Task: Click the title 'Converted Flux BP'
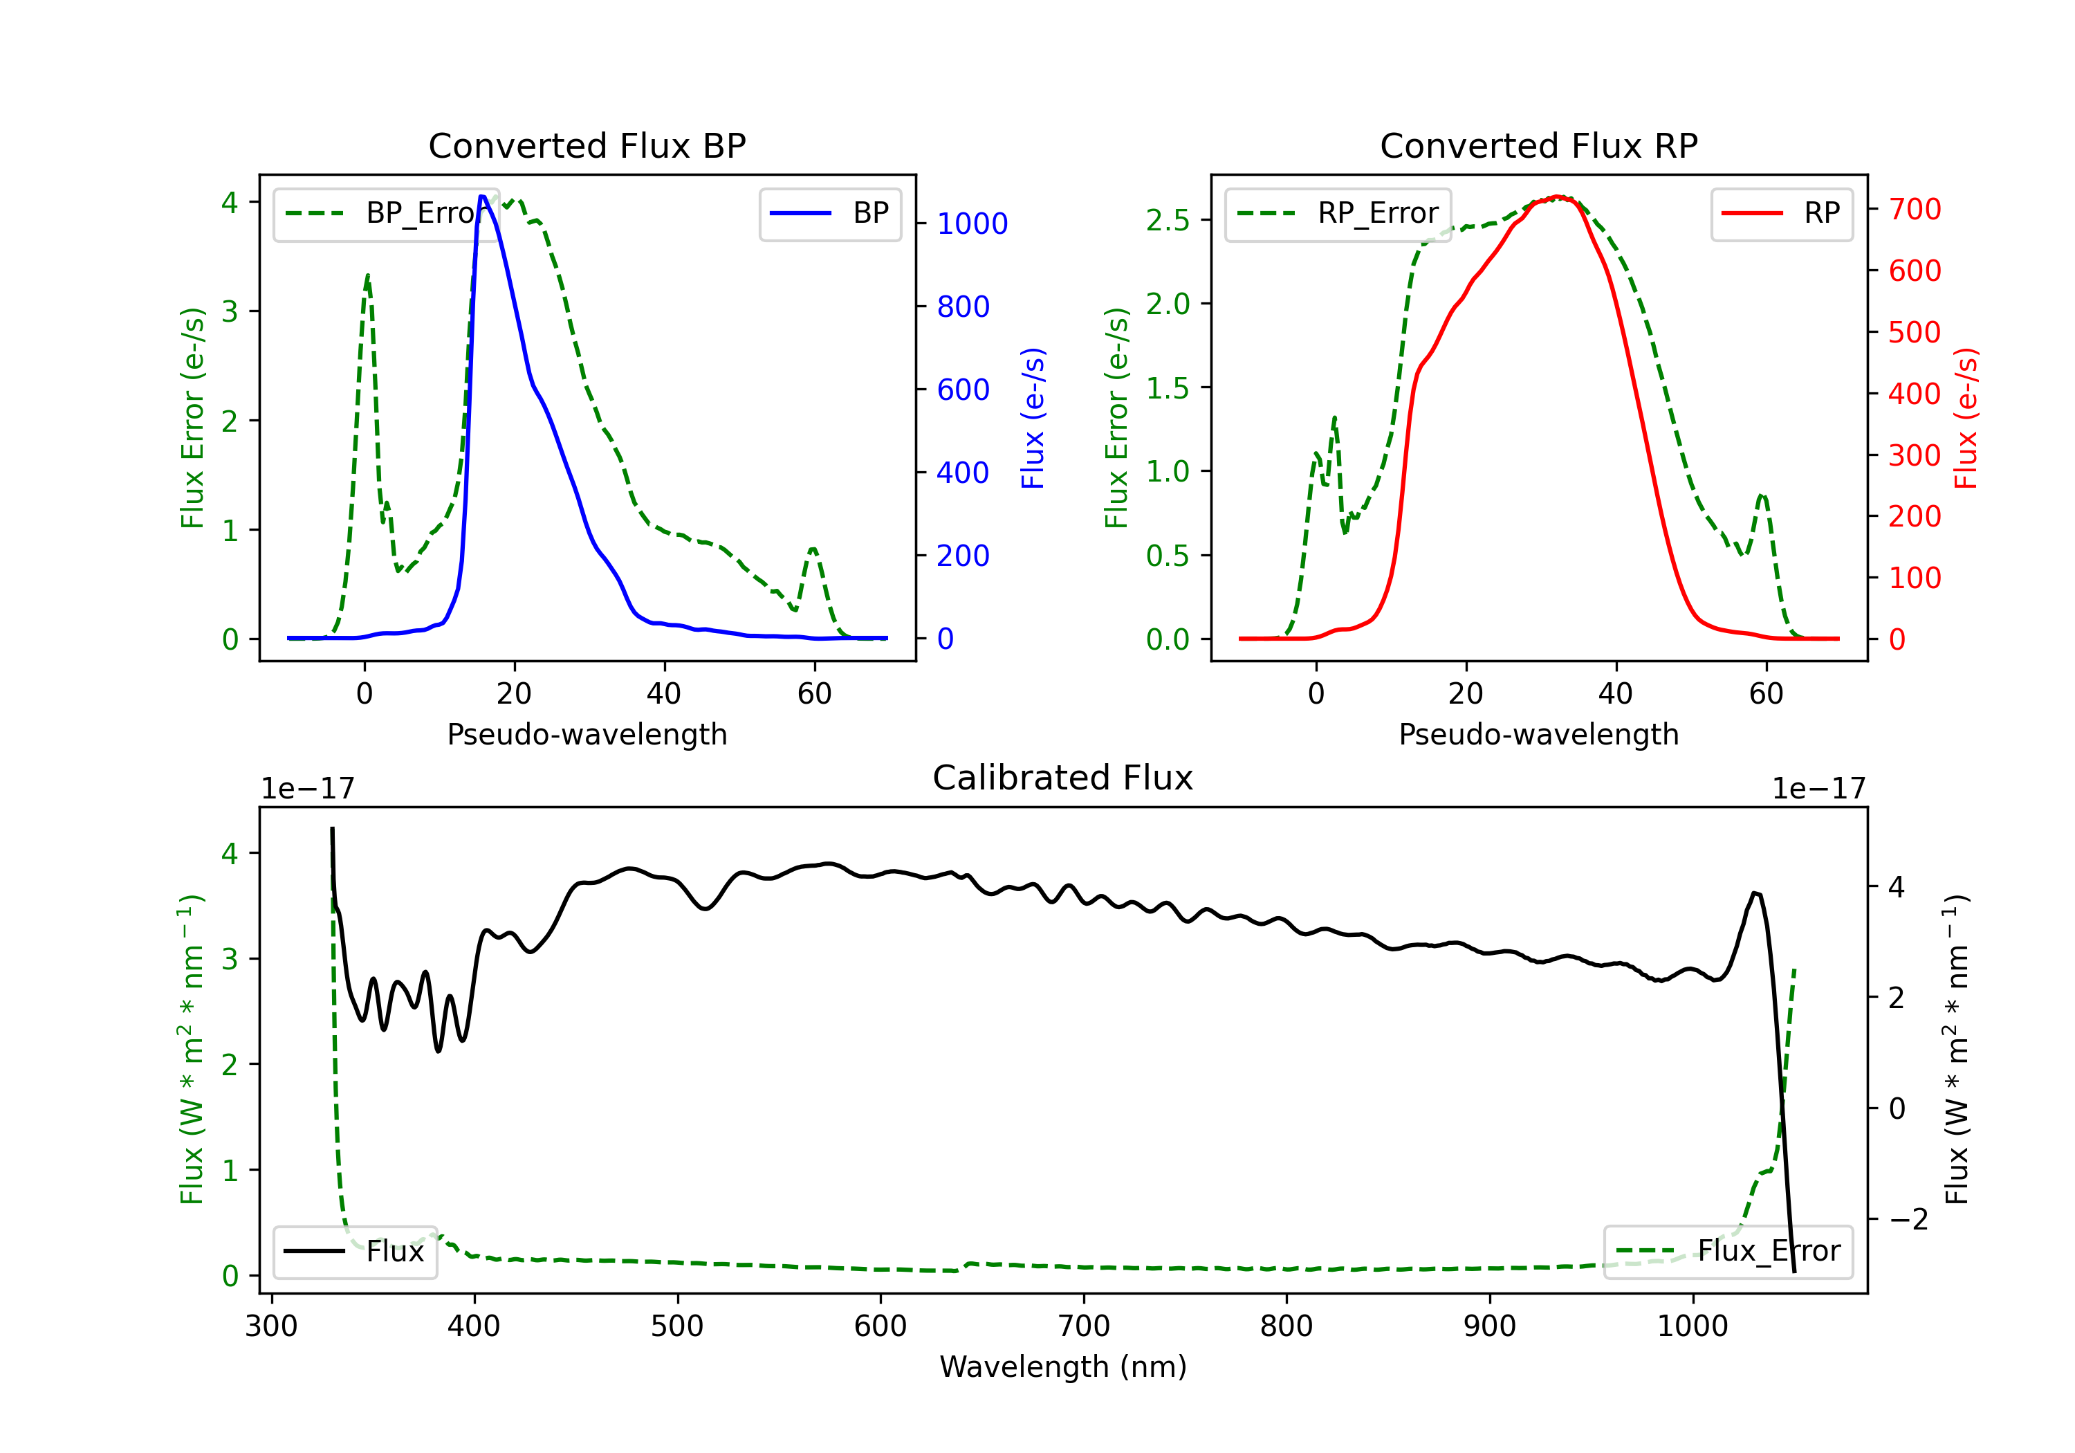point(587,145)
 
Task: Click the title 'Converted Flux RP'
point(1538,145)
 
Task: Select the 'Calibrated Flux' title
point(1063,778)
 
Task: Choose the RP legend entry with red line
point(1781,213)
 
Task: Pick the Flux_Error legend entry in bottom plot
point(1727,1252)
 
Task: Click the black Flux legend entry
point(354,1252)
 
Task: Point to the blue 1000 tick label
point(972,223)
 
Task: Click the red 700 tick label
point(1914,209)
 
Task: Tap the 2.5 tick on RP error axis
point(1168,220)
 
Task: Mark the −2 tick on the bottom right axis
point(1908,1220)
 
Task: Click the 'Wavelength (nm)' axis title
point(1063,1367)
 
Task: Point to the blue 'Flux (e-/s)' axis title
point(1032,418)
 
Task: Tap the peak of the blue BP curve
point(483,197)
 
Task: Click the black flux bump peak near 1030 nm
point(1754,893)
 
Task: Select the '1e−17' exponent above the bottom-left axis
point(307,789)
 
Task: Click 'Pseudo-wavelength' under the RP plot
point(1538,734)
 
